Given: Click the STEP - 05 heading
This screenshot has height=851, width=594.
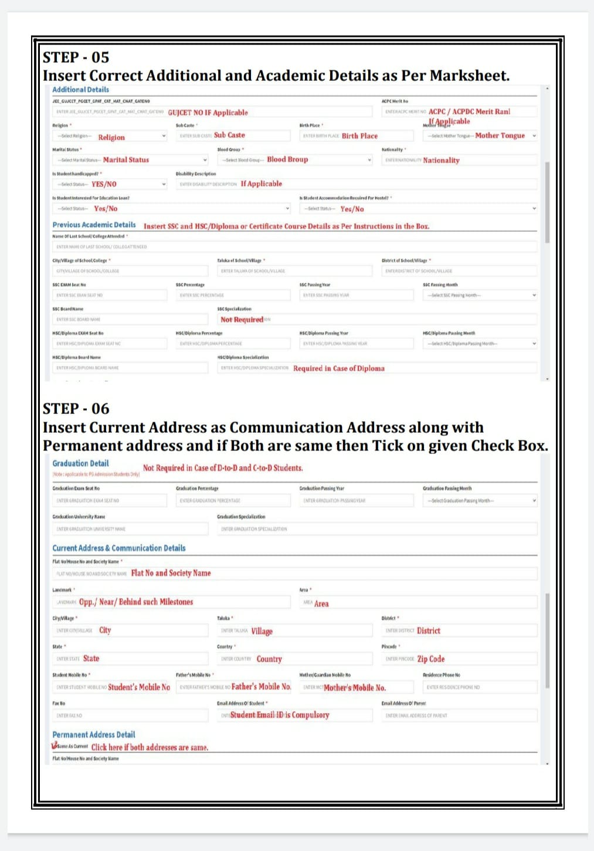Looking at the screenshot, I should click(76, 57).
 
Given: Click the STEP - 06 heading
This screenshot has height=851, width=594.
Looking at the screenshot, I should click(76, 409).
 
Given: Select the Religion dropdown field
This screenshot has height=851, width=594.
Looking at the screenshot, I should click(110, 136).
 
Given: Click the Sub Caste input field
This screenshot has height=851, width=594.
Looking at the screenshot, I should click(233, 135).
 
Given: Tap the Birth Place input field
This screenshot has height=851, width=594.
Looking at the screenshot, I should click(357, 135).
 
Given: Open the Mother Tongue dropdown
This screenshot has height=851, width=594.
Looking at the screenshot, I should click(480, 135).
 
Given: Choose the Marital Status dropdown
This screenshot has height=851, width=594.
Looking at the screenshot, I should click(130, 160).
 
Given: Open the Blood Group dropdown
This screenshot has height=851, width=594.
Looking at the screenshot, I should click(294, 160).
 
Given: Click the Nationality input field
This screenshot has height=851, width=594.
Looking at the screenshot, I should click(459, 160).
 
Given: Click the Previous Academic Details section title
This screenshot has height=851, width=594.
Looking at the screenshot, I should click(94, 225).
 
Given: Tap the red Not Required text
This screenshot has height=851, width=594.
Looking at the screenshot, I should click(242, 320).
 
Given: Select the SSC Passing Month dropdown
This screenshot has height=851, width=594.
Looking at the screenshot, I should click(480, 295).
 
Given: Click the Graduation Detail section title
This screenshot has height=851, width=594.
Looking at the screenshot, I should click(80, 463).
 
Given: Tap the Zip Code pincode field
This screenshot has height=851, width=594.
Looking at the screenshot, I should click(459, 659).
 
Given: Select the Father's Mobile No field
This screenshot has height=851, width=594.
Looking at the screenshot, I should click(233, 687).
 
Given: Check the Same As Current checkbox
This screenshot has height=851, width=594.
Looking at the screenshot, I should click(55, 746).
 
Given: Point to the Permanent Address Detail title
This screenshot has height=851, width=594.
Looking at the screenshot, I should click(93, 734).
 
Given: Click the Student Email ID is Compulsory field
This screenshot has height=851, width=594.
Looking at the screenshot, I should click(294, 715).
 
